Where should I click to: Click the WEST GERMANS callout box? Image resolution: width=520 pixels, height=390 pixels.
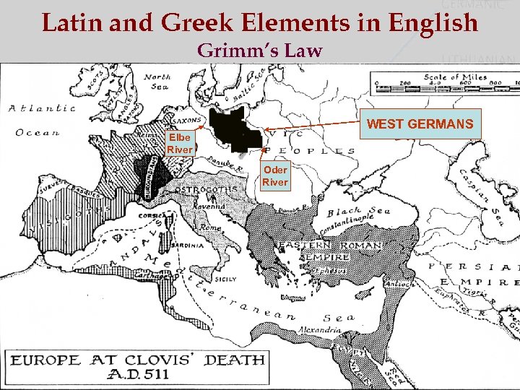tap(420, 124)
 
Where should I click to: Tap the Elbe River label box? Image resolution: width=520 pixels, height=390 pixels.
tap(179, 143)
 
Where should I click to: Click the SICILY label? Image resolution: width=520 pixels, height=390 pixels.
tap(226, 277)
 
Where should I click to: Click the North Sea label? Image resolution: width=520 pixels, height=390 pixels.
tap(157, 81)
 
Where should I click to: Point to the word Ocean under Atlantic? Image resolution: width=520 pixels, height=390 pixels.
tap(38, 132)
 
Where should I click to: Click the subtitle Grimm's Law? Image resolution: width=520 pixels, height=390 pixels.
tap(259, 51)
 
